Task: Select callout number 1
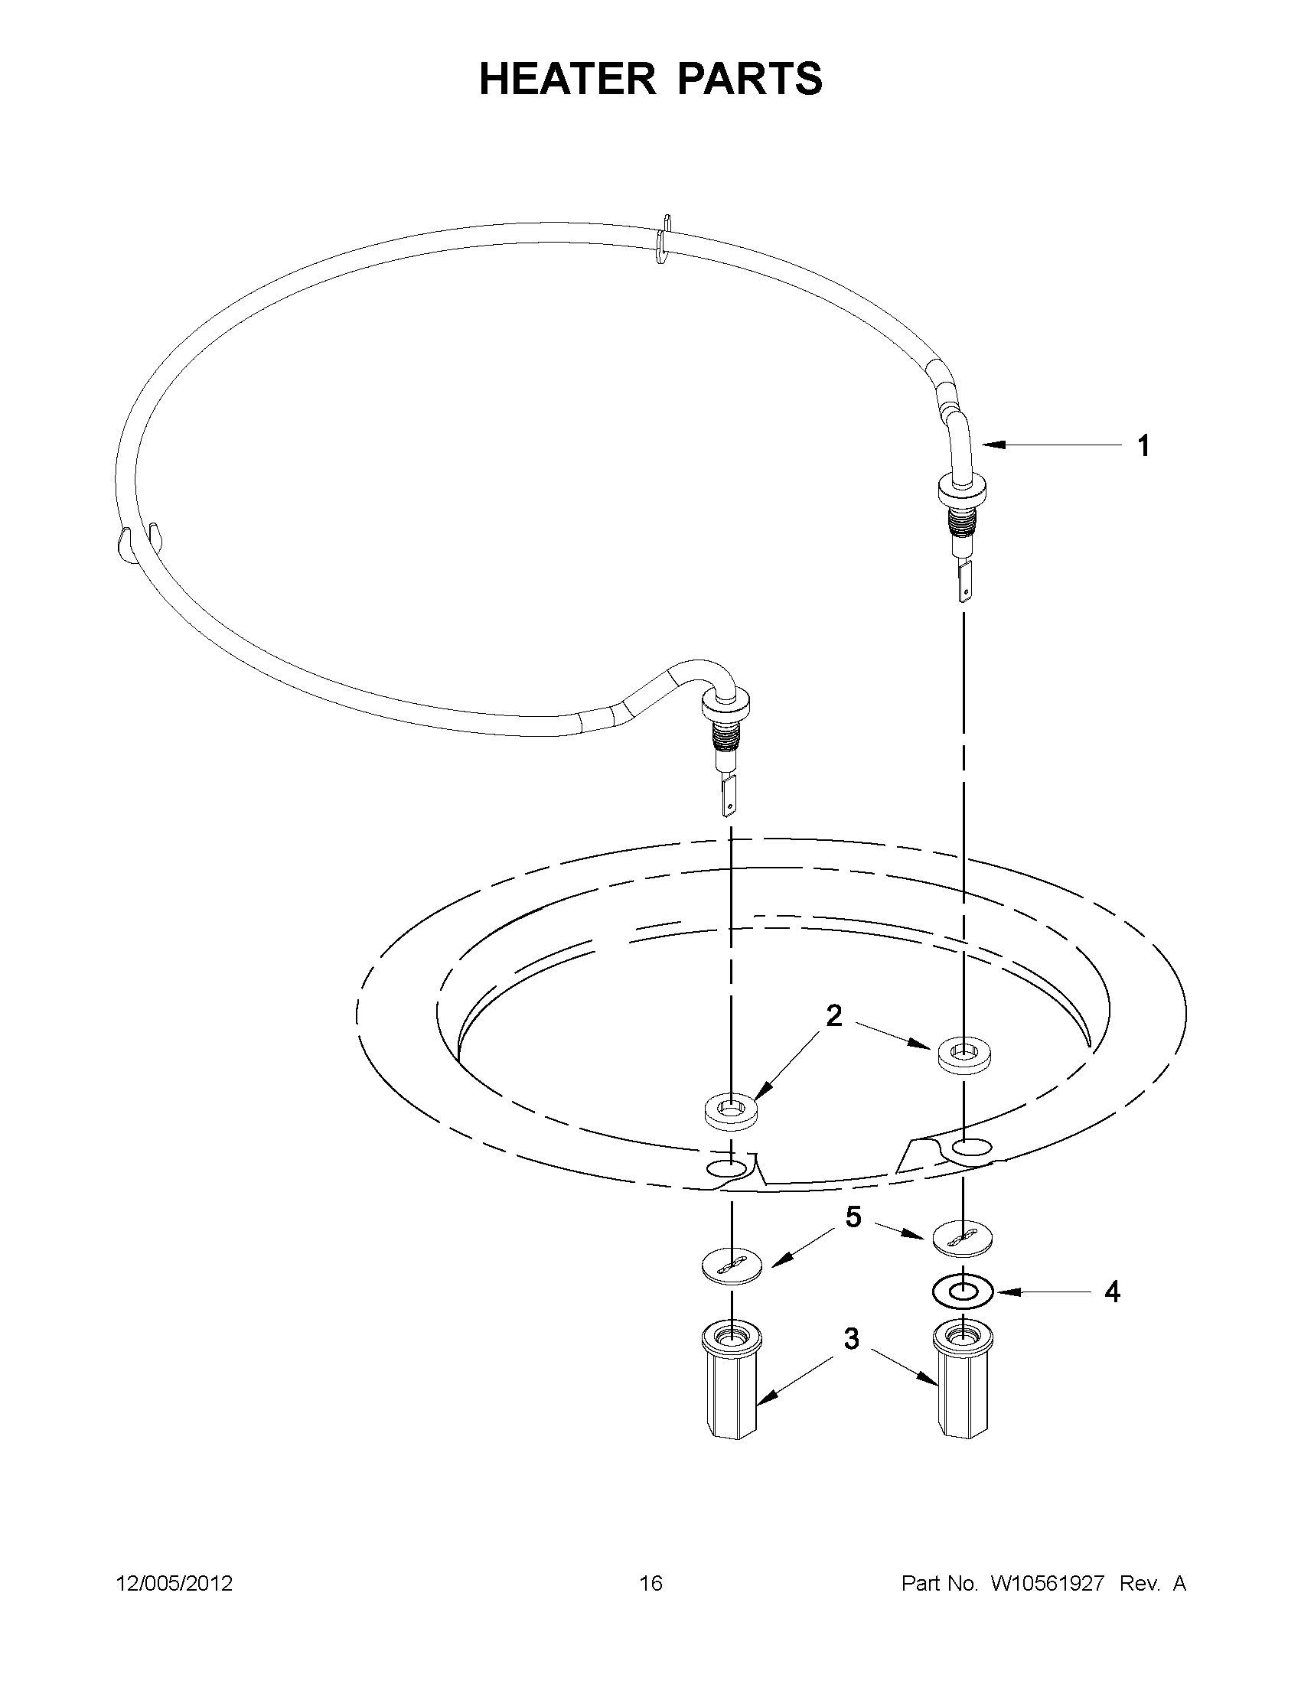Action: point(1143,445)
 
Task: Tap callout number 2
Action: point(833,1016)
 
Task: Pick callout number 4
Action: point(1111,1292)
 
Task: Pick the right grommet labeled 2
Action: point(964,1054)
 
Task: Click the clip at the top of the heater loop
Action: point(664,240)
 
